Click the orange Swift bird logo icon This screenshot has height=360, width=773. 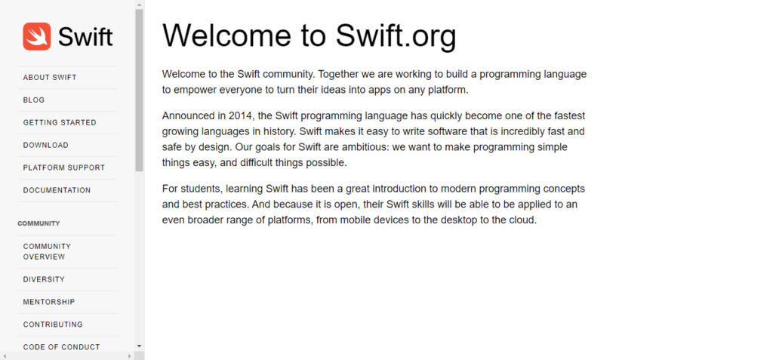(36, 36)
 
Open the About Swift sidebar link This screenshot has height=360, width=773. (50, 78)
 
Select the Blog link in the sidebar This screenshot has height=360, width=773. (33, 100)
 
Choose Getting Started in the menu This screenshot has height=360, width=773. (60, 123)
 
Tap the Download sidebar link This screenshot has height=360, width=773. (46, 146)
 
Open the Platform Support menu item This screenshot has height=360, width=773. (64, 168)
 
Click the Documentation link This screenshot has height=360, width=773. (57, 190)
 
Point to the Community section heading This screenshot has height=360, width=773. (39, 223)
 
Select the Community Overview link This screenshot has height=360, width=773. (47, 251)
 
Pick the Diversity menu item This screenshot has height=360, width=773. (44, 279)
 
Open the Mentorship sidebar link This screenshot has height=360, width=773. (49, 302)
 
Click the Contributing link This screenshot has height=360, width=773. (53, 325)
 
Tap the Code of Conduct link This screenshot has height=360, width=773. (62, 347)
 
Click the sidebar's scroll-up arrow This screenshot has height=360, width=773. (139, 5)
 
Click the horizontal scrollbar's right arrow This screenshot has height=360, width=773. (130, 356)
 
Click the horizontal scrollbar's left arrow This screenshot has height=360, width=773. (5, 356)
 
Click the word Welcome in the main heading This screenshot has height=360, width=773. (227, 35)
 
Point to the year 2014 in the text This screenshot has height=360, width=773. (239, 116)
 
